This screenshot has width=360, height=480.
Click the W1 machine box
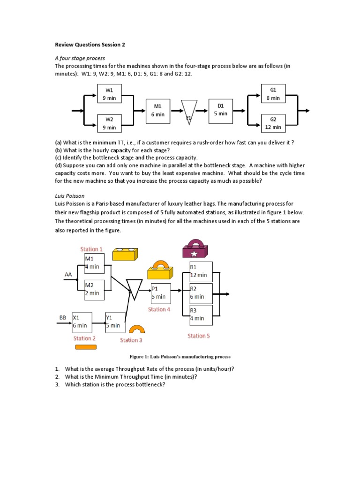click(x=109, y=93)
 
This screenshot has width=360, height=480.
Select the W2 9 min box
click(x=109, y=123)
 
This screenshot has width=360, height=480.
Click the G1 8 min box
click(x=273, y=93)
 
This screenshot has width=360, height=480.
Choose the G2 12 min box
click(x=273, y=123)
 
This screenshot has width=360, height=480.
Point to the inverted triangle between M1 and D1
click(x=189, y=111)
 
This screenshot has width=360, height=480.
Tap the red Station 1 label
click(x=91, y=249)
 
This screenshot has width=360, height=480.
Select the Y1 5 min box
click(x=115, y=322)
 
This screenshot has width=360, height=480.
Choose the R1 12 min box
click(x=200, y=271)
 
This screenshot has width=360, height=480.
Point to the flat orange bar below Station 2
click(x=85, y=347)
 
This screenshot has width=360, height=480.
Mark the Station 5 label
click(x=199, y=336)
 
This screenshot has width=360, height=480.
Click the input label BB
click(x=62, y=317)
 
